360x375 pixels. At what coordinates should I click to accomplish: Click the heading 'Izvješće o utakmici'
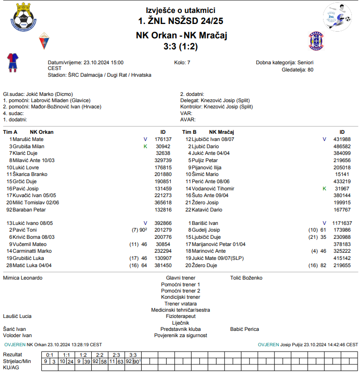point(180,10)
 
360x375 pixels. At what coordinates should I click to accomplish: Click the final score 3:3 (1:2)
point(180,47)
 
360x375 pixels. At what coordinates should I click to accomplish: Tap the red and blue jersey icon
point(12,62)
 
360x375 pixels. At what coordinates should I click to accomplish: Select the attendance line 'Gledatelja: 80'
point(298,70)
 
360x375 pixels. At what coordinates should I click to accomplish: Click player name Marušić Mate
point(28,139)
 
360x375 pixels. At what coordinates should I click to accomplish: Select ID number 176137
point(163,139)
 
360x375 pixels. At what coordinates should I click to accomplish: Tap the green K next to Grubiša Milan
point(145,146)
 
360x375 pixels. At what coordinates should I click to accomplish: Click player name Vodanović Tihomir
point(214,189)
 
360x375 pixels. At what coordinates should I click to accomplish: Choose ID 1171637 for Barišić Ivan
point(342,223)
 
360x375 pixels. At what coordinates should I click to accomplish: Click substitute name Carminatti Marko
point(32,251)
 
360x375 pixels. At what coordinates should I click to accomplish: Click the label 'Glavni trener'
point(180,278)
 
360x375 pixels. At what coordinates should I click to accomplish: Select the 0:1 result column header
point(50,355)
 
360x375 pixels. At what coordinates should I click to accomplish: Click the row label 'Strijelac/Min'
point(17,361)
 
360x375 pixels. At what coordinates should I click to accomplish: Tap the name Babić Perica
point(244,329)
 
